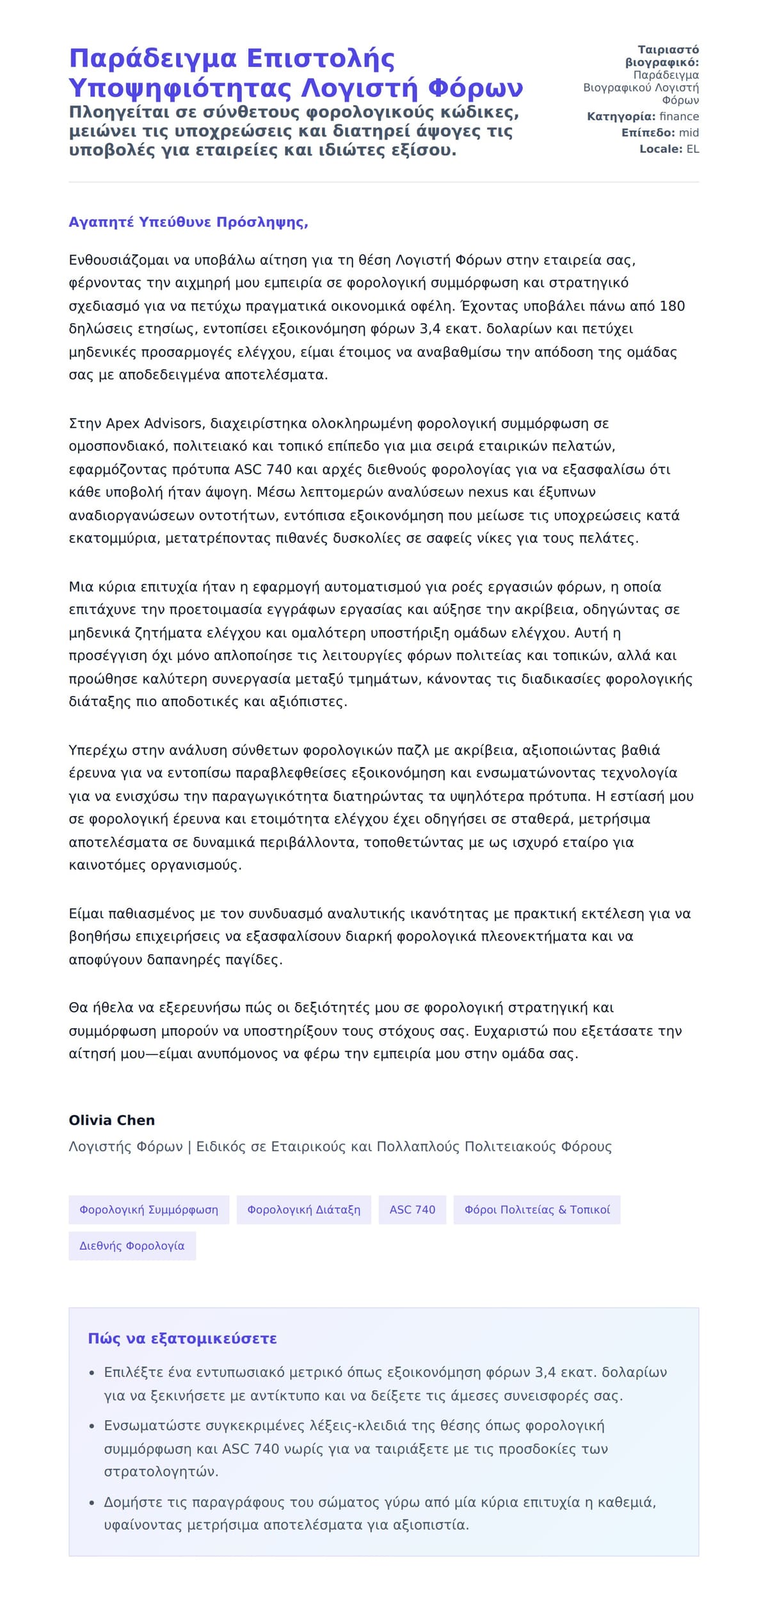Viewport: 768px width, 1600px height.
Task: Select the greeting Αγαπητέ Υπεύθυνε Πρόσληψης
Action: (188, 222)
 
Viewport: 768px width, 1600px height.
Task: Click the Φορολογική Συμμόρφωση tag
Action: (148, 1209)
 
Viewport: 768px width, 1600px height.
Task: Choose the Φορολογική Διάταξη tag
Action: (303, 1209)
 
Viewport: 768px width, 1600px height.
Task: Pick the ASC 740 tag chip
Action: (412, 1209)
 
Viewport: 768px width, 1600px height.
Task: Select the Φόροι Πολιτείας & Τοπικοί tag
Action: (537, 1209)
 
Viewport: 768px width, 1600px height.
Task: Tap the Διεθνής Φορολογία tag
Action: (132, 1245)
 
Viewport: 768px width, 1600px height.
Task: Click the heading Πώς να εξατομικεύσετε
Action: (182, 1338)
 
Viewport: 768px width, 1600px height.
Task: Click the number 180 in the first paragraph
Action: (672, 306)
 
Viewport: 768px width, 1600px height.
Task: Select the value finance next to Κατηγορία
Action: (679, 116)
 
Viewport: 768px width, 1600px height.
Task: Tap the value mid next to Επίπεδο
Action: (689, 132)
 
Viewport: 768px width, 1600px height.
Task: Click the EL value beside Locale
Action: (692, 149)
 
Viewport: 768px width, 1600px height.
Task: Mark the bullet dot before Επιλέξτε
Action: (92, 1372)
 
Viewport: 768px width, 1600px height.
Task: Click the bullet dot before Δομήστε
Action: (92, 1502)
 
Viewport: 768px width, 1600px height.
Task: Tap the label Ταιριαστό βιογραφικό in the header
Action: (662, 56)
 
